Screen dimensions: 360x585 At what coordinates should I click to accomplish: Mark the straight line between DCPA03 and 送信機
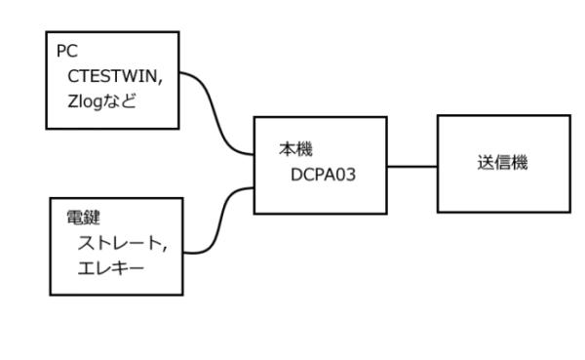pos(411,166)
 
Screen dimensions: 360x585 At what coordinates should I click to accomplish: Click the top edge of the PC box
pos(114,31)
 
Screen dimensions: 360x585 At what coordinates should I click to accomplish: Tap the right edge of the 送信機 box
pos(571,164)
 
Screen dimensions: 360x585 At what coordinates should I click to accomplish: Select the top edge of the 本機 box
pos(322,118)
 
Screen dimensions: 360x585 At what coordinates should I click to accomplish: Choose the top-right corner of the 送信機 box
pos(571,116)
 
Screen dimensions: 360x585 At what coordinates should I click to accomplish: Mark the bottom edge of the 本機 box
pos(322,214)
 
